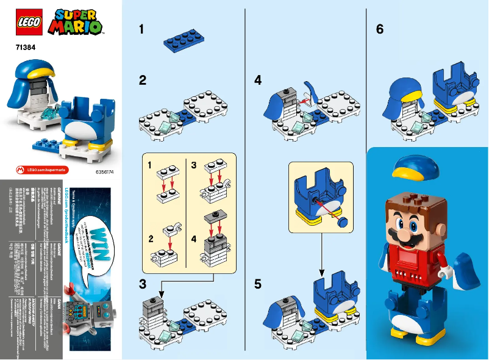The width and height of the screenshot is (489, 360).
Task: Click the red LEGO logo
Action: pyautogui.click(x=27, y=22)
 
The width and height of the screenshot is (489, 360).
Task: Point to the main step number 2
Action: pyautogui.click(x=143, y=80)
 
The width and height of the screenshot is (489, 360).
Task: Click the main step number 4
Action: pyautogui.click(x=258, y=80)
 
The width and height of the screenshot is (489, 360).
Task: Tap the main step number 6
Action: pyautogui.click(x=380, y=29)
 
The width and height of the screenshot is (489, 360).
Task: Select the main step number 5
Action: pyautogui.click(x=258, y=284)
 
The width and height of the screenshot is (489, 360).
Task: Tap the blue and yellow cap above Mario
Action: pyautogui.click(x=416, y=168)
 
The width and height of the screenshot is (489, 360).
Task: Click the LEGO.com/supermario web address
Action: pyautogui.click(x=37, y=168)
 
